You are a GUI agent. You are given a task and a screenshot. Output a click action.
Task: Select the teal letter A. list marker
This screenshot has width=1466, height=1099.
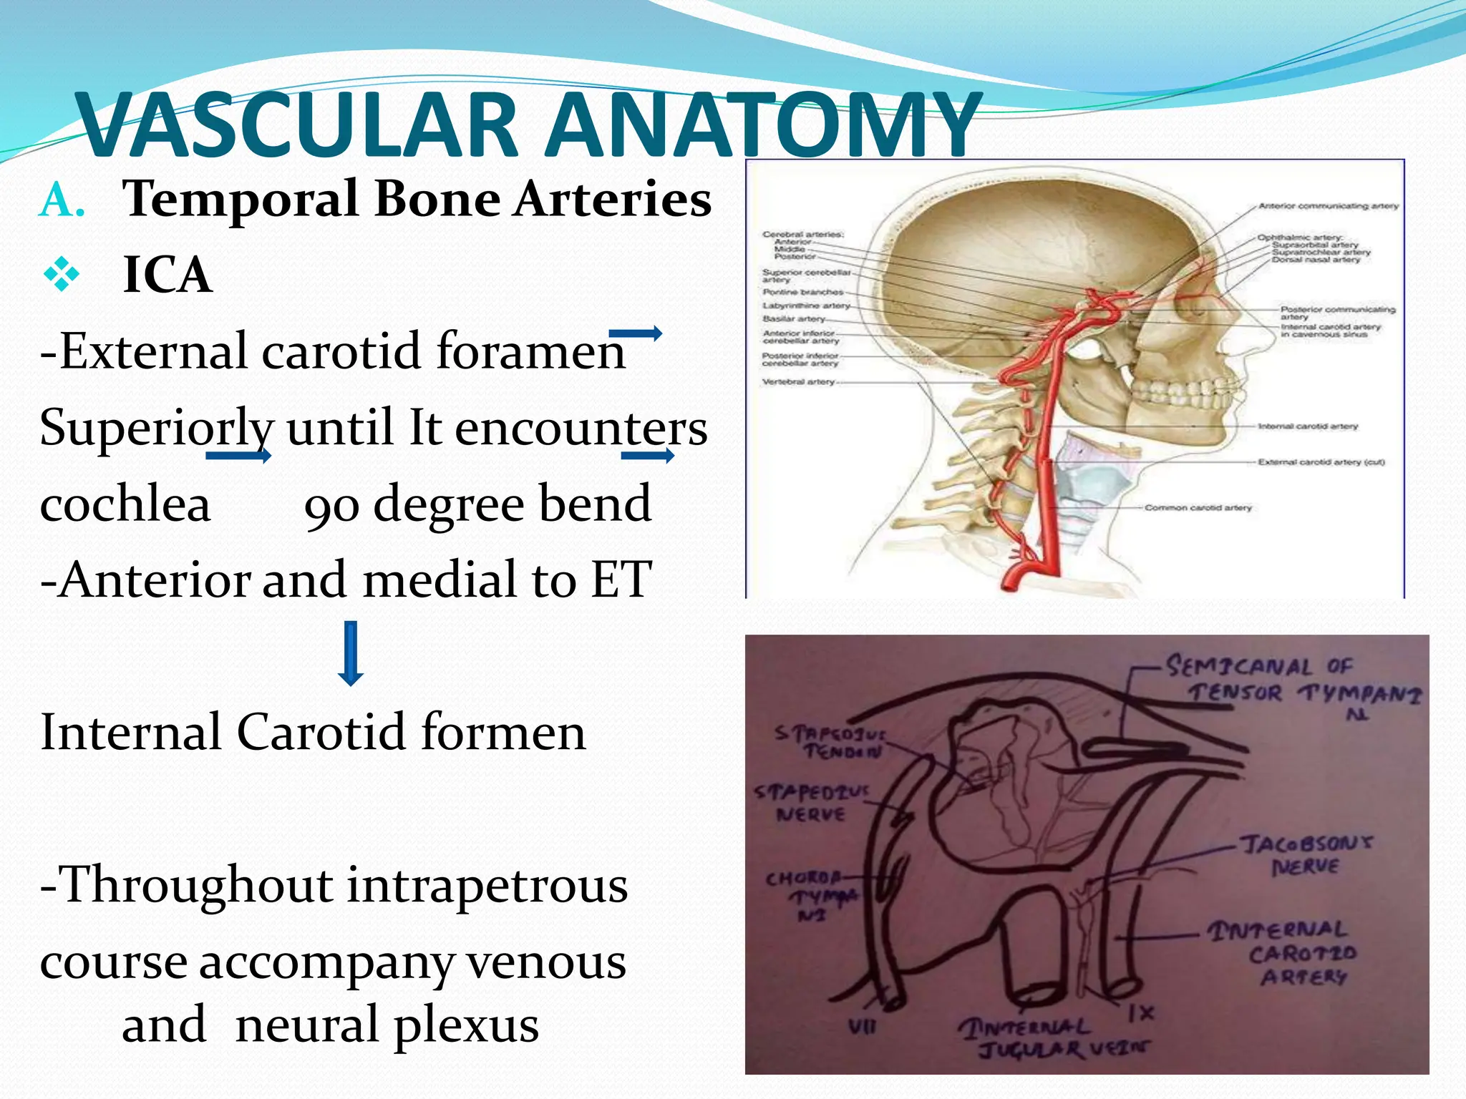coord(62,200)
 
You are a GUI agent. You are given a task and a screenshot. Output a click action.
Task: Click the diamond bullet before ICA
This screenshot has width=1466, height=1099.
coord(62,275)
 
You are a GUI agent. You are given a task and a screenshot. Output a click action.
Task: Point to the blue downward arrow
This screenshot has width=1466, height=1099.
coord(351,653)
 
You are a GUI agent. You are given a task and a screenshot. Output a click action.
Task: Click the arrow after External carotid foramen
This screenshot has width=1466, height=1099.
coord(635,333)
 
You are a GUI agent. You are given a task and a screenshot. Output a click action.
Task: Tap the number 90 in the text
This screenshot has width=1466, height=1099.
coord(331,505)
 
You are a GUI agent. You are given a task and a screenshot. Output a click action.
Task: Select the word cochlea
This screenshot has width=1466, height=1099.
coord(125,504)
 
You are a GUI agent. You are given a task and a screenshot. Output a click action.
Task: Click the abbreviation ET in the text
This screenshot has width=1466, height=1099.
coord(621,580)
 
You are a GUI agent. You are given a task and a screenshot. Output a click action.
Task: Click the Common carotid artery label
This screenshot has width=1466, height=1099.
coord(1198,507)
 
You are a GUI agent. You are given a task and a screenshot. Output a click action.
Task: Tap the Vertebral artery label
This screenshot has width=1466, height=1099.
coord(798,382)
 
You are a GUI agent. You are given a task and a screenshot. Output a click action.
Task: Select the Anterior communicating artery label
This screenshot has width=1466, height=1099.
coord(1328,206)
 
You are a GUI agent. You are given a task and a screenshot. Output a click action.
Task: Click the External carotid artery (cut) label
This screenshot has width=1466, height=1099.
coord(1321,462)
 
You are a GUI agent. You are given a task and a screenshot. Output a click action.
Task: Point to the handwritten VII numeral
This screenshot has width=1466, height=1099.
coord(862,1027)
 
